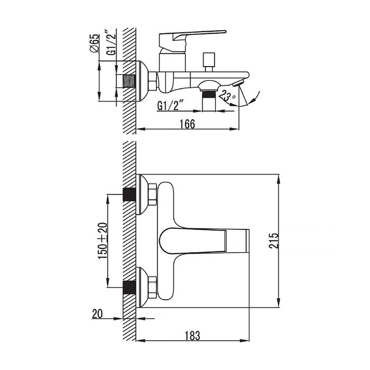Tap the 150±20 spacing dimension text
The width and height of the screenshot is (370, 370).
[x=103, y=240]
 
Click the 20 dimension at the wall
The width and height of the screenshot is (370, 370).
[x=97, y=313]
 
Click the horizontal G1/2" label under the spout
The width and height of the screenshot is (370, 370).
[x=172, y=106]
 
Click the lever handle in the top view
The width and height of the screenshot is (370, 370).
[x=201, y=240]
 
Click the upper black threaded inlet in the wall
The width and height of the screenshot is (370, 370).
[x=128, y=195]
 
